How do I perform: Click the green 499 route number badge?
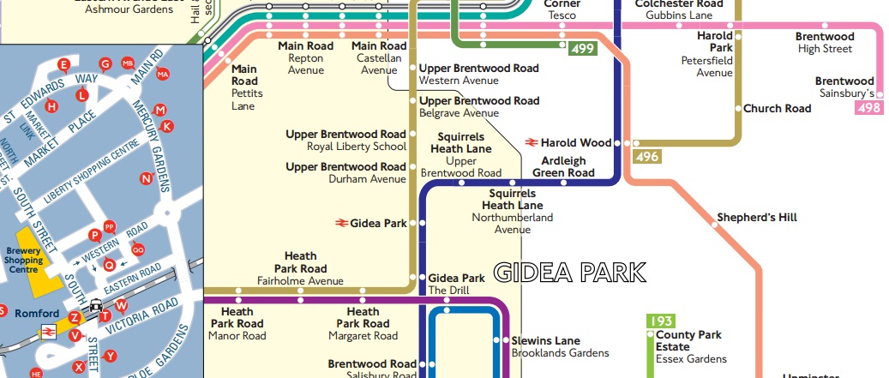(x=582, y=49)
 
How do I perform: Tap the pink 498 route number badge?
(x=868, y=108)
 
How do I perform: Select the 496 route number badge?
(x=646, y=157)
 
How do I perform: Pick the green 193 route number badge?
(x=660, y=321)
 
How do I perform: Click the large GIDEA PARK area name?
(x=570, y=273)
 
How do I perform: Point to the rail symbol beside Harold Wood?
(x=532, y=142)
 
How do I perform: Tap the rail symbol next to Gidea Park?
(x=341, y=223)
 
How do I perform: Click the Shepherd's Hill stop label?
(x=757, y=218)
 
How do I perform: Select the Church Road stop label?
(x=777, y=109)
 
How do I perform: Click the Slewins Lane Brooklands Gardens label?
(x=560, y=346)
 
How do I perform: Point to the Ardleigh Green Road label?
(x=563, y=166)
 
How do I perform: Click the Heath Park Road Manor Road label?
(x=237, y=324)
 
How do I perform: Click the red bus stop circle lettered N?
(x=146, y=179)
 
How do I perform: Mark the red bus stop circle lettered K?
(x=167, y=126)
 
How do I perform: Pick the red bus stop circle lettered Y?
(x=110, y=356)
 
